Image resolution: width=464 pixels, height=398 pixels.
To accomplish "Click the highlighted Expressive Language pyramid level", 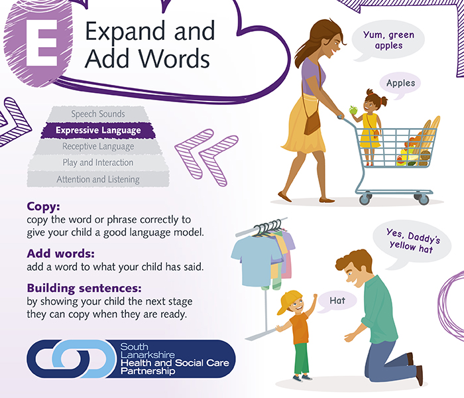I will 98,131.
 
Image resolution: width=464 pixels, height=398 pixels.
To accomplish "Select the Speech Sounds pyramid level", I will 98,114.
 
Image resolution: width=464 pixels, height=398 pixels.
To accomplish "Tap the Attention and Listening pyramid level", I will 98,179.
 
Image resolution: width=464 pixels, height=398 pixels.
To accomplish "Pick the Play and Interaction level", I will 98,163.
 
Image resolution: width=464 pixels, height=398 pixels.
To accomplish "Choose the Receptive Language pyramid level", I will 98,147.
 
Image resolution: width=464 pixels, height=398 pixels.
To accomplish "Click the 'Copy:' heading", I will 44,206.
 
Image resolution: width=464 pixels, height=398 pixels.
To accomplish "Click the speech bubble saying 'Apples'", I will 400,84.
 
